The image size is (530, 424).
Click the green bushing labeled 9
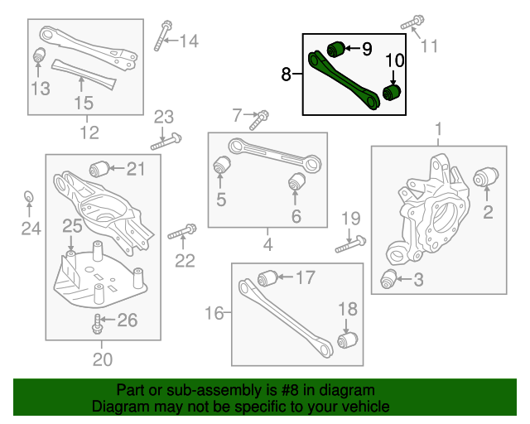(x=335, y=48)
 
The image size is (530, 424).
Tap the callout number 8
(x=286, y=75)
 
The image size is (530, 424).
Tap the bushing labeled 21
(x=101, y=167)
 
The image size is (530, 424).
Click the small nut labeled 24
(x=27, y=196)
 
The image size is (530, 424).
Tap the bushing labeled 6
(x=296, y=181)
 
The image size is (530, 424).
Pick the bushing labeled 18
(x=348, y=340)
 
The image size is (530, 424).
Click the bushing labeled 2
(x=486, y=176)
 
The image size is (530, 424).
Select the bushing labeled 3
(x=389, y=280)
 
